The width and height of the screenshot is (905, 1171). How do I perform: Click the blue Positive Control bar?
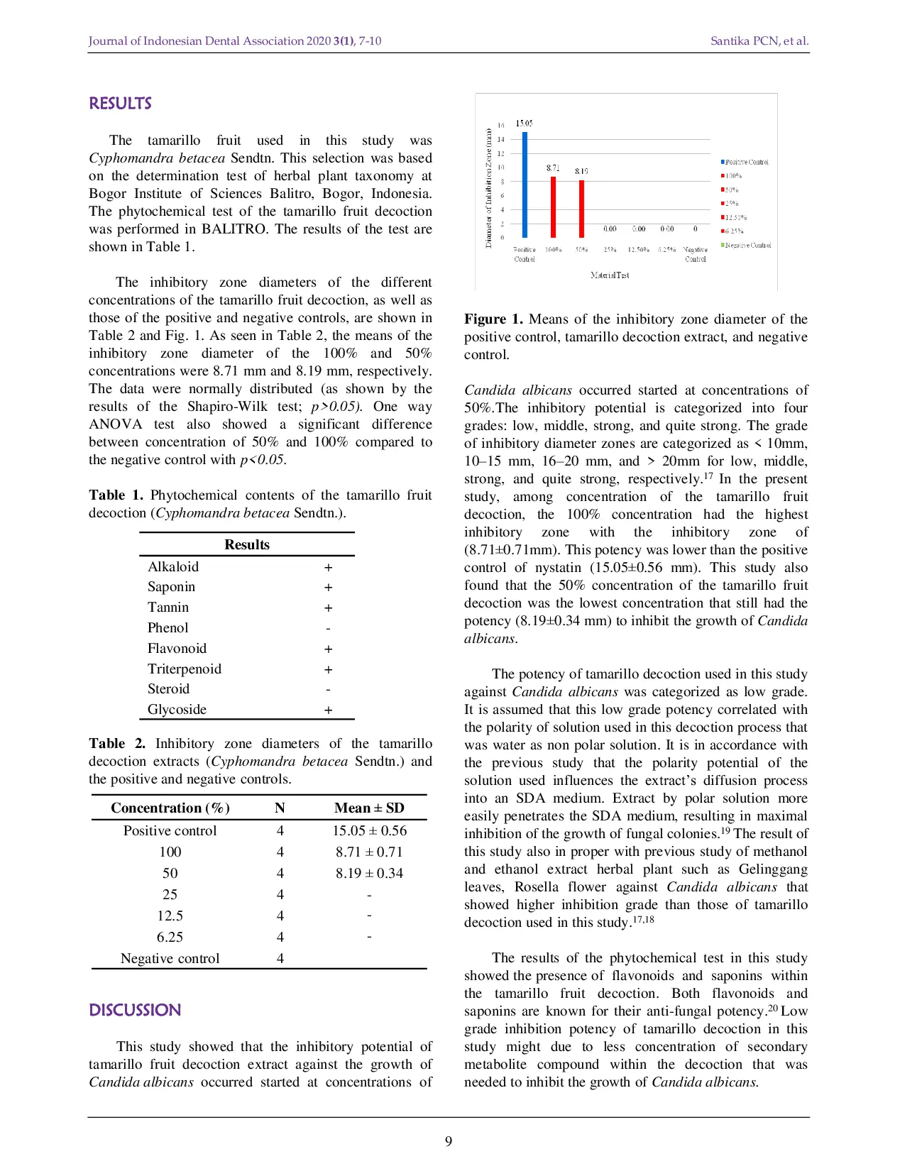click(525, 185)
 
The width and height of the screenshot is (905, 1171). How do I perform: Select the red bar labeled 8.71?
click(554, 207)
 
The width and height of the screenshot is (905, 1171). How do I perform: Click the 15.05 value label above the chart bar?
click(524, 123)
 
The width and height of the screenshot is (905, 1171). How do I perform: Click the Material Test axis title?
click(609, 275)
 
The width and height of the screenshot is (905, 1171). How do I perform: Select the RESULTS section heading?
click(120, 104)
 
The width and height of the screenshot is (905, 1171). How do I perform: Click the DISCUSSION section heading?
click(135, 1010)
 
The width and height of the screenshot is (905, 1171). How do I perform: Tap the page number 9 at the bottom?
click(449, 1141)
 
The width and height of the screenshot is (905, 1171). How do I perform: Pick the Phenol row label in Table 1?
click(168, 627)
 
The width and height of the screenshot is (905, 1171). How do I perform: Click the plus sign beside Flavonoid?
click(328, 649)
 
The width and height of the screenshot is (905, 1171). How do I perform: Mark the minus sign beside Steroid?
click(328, 689)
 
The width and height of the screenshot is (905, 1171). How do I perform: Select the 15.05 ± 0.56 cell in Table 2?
click(369, 830)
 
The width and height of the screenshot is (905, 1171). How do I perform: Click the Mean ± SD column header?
click(369, 808)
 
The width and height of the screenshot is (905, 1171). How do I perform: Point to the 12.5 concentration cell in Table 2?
click(170, 916)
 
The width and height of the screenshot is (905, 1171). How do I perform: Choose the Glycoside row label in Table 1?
click(177, 710)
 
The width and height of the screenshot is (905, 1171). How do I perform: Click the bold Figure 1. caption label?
click(493, 319)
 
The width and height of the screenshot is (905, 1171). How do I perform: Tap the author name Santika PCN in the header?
click(744, 41)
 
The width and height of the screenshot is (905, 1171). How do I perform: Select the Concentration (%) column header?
click(170, 808)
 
